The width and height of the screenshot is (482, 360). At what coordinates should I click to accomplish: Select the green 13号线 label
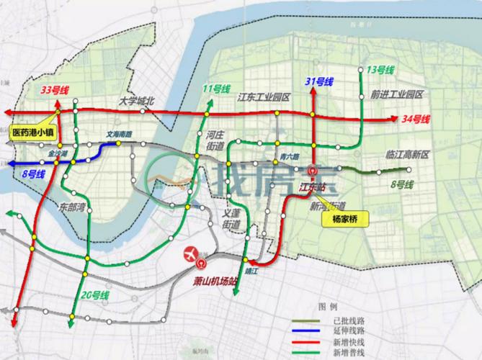click(x=382, y=69)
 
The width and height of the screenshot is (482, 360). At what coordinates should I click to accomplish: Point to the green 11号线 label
click(x=216, y=89)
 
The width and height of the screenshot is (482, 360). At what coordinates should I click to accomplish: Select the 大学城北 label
click(x=138, y=102)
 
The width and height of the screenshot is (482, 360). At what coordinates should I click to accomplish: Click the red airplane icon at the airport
click(x=191, y=253)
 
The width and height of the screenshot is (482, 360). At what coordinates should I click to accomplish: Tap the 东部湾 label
click(x=73, y=206)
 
